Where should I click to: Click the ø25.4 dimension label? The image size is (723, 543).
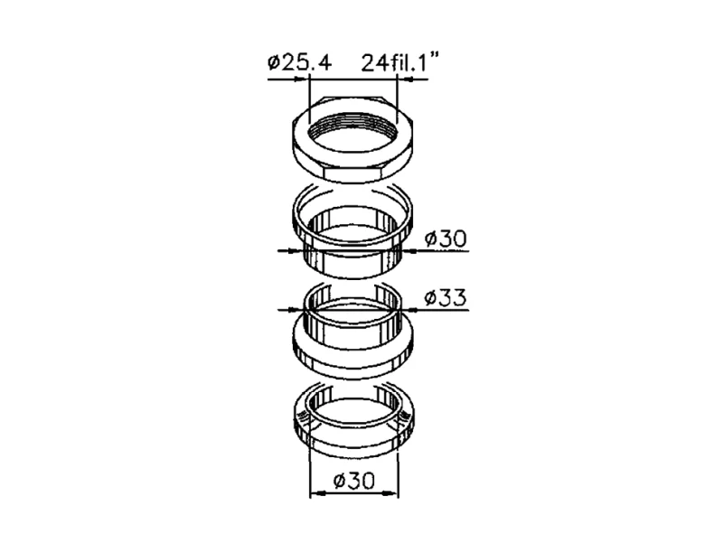coord(299,62)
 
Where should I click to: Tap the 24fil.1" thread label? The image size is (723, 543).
coord(399,62)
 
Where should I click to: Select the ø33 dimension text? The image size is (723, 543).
coord(446,297)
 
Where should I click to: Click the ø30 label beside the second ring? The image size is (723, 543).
coord(446,239)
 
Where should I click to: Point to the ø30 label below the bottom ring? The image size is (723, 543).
coord(353,481)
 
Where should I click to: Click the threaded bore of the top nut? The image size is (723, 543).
coord(353,131)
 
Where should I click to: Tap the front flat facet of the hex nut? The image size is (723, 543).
coord(353,174)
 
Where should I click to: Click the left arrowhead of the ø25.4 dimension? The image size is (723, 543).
coord(300,80)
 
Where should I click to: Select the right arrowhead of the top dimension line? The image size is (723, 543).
coord(405,80)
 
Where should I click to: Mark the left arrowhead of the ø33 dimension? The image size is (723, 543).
coord(296,310)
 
